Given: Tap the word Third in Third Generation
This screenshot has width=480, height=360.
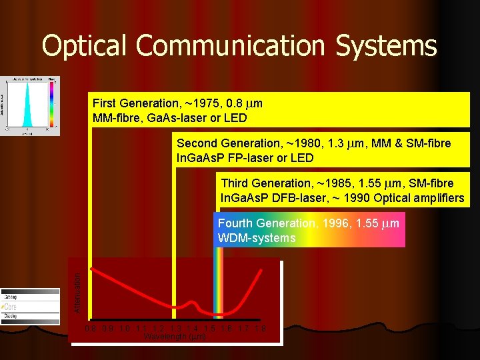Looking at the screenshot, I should [x=235, y=183].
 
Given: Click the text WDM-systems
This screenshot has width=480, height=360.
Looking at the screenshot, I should [x=257, y=238].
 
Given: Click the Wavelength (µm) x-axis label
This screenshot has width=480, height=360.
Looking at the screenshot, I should [x=175, y=337].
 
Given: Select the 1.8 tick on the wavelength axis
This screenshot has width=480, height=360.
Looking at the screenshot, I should [x=259, y=328].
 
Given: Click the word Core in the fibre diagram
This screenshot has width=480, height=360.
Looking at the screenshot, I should [x=11, y=306].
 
